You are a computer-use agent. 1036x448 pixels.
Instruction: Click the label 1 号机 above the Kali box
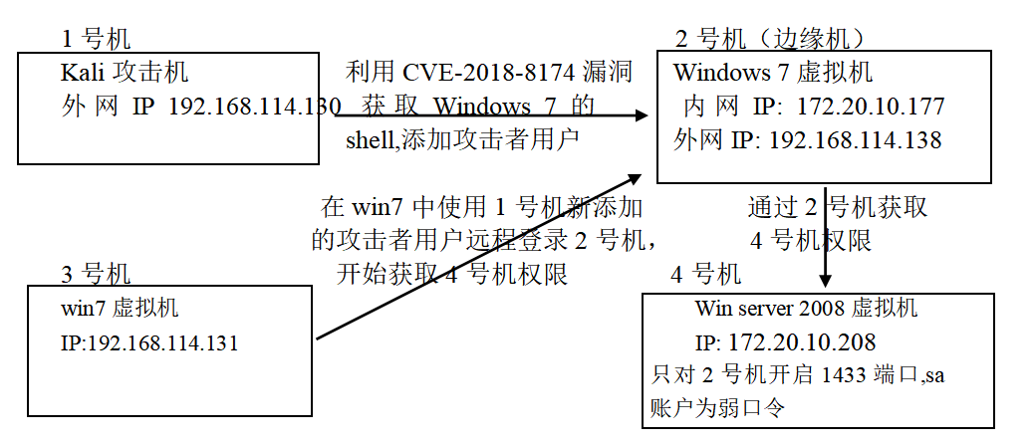(96, 39)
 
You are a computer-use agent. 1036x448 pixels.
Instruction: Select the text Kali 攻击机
(125, 73)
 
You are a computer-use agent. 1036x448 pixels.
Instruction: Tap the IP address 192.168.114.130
(254, 107)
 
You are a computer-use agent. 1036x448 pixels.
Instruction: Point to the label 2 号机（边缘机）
(770, 39)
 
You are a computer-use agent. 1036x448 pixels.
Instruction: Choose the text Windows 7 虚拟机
(772, 73)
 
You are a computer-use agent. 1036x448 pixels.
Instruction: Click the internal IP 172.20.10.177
(871, 107)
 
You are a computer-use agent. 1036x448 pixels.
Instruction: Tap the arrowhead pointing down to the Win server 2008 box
(825, 281)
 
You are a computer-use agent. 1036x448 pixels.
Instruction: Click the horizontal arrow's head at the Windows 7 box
(641, 115)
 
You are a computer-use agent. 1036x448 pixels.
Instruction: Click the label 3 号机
(96, 274)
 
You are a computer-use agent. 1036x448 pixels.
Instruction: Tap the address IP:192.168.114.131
(149, 342)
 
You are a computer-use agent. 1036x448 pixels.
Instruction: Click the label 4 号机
(705, 274)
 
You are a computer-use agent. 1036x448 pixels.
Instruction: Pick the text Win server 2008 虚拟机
(806, 308)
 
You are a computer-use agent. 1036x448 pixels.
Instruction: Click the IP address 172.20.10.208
(802, 342)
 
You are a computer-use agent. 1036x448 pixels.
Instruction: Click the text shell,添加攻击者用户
(462, 140)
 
